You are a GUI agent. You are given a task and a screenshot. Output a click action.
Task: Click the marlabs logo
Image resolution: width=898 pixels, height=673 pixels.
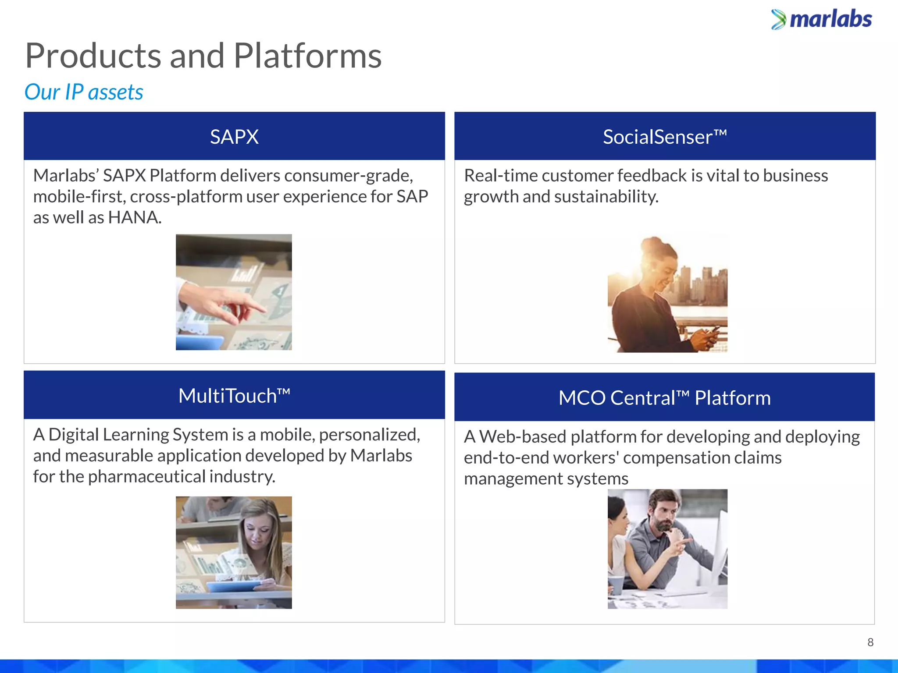(x=822, y=19)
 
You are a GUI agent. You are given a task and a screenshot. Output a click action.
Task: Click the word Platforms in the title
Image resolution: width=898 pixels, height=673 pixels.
(x=307, y=56)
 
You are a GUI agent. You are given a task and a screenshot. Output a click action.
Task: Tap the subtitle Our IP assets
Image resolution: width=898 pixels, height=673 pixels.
(x=84, y=92)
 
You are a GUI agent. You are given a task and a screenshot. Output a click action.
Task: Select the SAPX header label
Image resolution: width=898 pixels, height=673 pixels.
(x=234, y=137)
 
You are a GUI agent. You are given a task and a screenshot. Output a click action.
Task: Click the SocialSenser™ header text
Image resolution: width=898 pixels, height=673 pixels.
(x=665, y=137)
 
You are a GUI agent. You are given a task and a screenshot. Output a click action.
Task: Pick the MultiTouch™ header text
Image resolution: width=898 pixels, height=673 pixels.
(x=234, y=396)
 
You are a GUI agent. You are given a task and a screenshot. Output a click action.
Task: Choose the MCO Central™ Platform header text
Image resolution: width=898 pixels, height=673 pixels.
(x=664, y=398)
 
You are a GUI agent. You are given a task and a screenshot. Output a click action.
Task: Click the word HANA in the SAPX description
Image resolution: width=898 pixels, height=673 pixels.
(x=134, y=217)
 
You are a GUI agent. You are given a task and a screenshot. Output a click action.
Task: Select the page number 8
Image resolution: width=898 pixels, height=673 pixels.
(x=870, y=642)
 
